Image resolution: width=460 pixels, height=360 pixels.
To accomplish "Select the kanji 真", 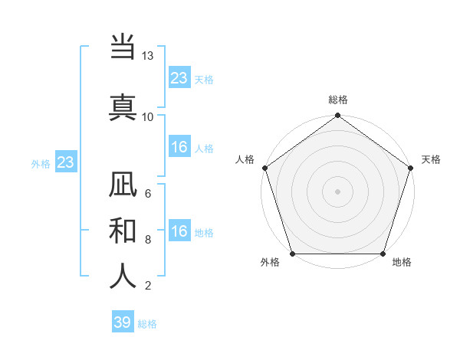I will (x=123, y=106).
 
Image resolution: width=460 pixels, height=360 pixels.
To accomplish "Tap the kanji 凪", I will (x=123, y=185).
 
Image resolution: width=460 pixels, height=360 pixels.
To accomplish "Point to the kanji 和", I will (x=123, y=230).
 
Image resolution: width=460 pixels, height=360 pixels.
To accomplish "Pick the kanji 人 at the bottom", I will (x=123, y=275).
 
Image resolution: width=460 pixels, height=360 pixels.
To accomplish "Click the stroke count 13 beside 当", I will (x=148, y=56).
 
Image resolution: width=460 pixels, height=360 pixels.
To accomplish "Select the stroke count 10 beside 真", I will (x=148, y=116).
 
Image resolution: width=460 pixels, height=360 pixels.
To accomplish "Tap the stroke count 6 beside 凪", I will (x=148, y=194).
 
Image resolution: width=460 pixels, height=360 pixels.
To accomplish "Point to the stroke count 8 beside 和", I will (x=148, y=239).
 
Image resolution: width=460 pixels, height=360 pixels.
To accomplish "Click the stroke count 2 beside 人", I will (x=148, y=286).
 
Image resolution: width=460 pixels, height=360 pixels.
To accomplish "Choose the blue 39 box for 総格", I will (x=123, y=322).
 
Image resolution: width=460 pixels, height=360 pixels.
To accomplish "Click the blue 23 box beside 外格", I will (x=65, y=162).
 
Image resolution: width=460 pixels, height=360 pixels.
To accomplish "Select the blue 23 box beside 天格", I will (x=179, y=77).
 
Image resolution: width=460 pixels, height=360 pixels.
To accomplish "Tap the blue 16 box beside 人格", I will (x=179, y=148).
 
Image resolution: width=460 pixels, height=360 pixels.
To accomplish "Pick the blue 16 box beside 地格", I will (x=179, y=231).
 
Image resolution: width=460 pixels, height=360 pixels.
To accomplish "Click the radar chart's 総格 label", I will (x=338, y=100).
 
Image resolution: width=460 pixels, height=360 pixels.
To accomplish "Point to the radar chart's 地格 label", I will (x=402, y=263).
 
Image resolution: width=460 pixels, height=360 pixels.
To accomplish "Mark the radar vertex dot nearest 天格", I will (x=411, y=168).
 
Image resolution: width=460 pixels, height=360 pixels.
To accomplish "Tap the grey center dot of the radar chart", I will (x=338, y=191).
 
